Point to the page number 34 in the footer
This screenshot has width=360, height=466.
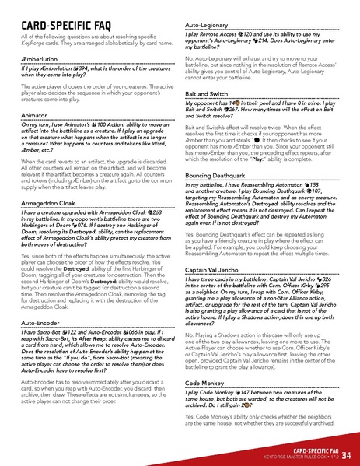pyautogui.click(x=345, y=453)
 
